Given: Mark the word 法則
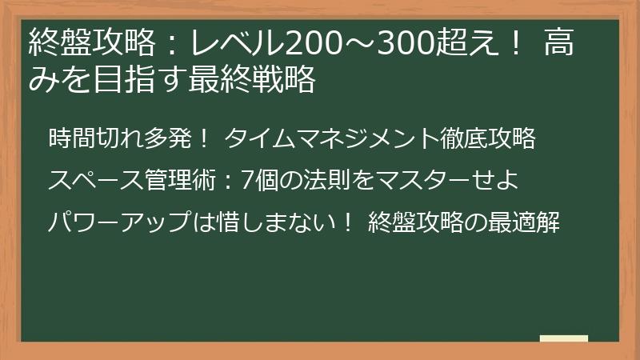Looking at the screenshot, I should (x=329, y=181).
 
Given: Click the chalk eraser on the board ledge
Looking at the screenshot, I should (x=563, y=338).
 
